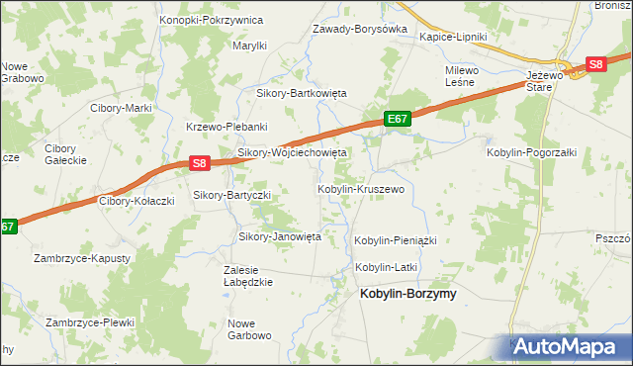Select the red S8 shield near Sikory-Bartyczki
tap(200, 163)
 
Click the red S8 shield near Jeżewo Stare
tap(595, 64)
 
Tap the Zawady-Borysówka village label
tap(360, 30)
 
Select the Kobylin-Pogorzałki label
tap(530, 153)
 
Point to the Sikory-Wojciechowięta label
tap(292, 153)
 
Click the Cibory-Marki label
tap(120, 108)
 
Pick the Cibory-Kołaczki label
tap(136, 201)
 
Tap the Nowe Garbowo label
tap(249, 329)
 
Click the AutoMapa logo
tap(570, 346)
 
